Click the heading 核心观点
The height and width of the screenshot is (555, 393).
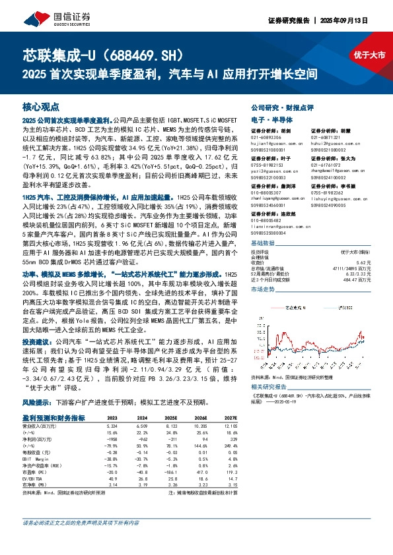tap(41, 106)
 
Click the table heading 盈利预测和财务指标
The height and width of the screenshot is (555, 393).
tap(53, 418)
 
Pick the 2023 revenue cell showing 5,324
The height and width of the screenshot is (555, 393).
tap(112, 426)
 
